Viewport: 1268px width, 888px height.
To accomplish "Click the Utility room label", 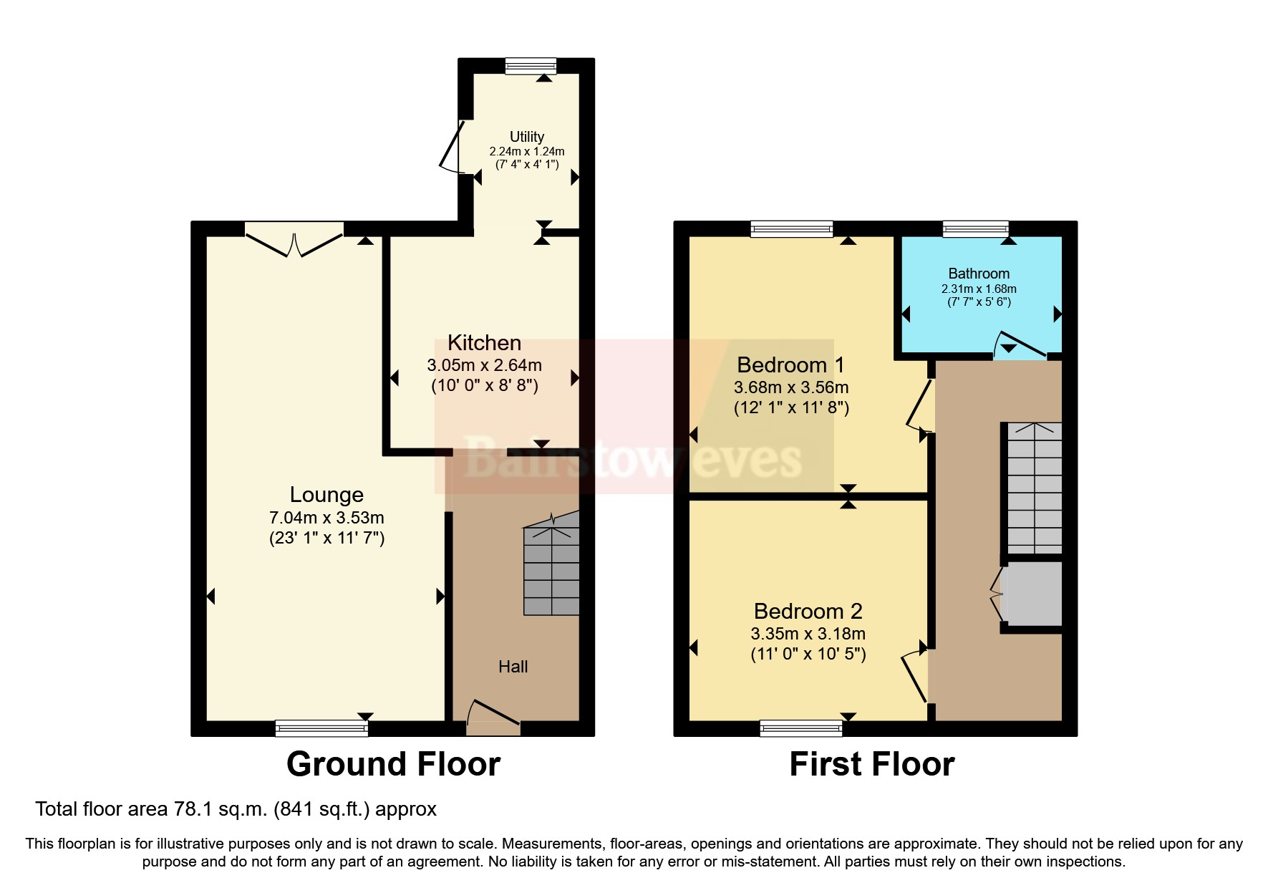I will coord(527,136).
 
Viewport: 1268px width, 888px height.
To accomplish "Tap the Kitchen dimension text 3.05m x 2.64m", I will coord(484,365).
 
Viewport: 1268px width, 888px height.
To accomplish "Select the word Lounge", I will coord(326,495).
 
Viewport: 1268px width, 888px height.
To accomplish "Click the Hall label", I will coord(513,667).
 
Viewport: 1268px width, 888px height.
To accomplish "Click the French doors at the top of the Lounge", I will coord(294,238).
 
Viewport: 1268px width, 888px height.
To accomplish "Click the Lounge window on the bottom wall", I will coord(321,728).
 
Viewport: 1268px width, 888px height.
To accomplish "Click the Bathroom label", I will coord(979,274).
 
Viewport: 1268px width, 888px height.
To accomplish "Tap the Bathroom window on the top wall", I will coord(975,229).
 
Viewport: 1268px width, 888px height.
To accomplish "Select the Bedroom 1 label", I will coord(790,365).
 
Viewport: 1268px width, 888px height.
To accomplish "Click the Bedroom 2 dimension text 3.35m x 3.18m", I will coord(808,634).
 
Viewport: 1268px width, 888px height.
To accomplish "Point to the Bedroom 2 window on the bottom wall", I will coord(801,729).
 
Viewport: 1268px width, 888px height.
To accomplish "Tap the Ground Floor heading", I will coord(393,764).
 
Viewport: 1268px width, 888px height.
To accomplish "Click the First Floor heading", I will coord(871,764).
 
